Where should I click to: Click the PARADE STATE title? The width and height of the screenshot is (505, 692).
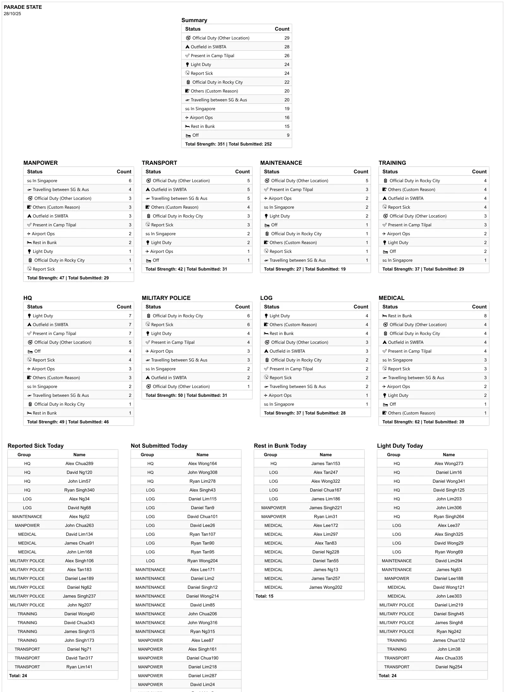(23, 7)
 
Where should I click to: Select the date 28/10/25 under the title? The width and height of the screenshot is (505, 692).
(12, 14)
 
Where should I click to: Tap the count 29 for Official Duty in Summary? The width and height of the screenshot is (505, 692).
(286, 38)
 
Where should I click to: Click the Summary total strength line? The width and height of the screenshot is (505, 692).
(228, 144)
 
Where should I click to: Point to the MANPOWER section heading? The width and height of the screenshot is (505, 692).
(40, 163)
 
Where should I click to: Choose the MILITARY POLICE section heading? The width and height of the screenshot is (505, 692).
(166, 298)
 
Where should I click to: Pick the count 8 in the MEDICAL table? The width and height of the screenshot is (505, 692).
(485, 316)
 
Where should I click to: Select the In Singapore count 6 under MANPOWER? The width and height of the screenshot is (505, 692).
(130, 181)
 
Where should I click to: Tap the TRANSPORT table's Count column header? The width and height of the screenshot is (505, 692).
(242, 171)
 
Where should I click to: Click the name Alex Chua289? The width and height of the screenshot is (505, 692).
(79, 463)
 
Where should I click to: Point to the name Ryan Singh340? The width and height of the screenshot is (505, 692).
(79, 490)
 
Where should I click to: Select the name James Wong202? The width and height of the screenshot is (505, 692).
(326, 587)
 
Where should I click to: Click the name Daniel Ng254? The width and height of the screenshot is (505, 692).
(449, 667)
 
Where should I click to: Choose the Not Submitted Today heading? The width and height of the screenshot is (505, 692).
(159, 445)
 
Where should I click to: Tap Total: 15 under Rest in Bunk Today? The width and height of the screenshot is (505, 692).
(264, 596)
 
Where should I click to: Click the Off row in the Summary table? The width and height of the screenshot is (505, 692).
(195, 135)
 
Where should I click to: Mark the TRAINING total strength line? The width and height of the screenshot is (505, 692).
(423, 269)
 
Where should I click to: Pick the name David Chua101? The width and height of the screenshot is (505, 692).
(202, 516)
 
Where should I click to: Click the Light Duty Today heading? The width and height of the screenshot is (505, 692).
(400, 445)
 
